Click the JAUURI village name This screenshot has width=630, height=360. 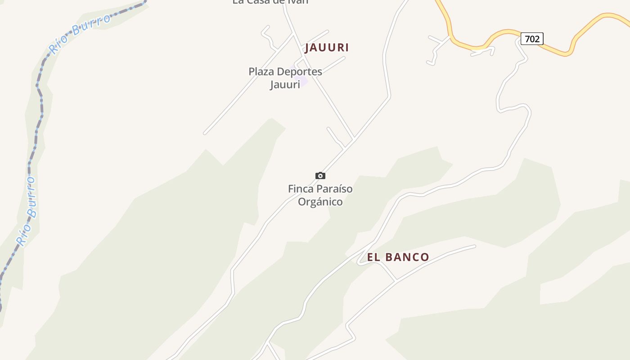click(x=327, y=47)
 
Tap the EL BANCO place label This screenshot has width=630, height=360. click(x=398, y=257)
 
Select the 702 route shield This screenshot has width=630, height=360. click(x=532, y=39)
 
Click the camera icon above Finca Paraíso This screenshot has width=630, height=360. click(x=320, y=175)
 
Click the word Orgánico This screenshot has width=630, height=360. click(x=320, y=202)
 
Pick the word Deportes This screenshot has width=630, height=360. click(x=299, y=72)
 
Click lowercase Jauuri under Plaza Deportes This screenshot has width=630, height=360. click(x=285, y=84)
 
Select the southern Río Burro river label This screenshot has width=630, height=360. click(x=27, y=211)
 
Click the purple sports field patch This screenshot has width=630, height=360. click(x=302, y=81)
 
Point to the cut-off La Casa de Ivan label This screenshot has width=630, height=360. click(x=270, y=2)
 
